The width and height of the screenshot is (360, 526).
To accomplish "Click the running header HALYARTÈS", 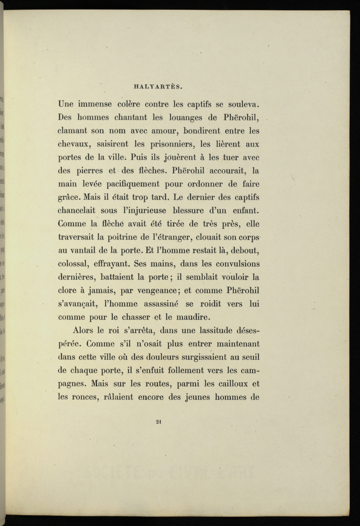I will (x=158, y=86).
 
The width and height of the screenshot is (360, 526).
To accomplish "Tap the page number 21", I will (x=159, y=421).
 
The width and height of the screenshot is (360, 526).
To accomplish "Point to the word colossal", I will (x=73, y=264).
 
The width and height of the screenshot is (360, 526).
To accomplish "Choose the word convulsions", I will (x=238, y=264).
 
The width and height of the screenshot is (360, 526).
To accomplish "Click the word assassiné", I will (x=161, y=304).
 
